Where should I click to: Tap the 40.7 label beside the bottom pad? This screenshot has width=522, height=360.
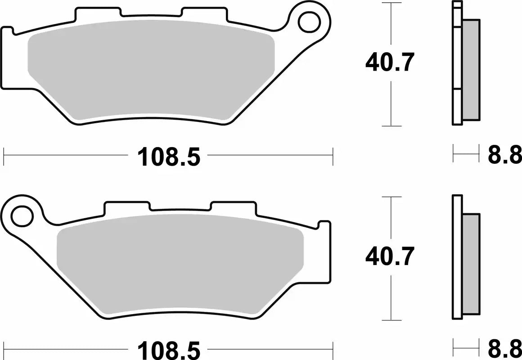tap(389, 257)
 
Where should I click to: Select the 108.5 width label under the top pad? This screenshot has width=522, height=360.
tap(168, 157)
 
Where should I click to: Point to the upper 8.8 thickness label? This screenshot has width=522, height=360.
tap(504, 155)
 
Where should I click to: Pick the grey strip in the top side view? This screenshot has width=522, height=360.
tap(471, 70)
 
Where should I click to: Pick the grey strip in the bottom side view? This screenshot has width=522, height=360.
tap(471, 264)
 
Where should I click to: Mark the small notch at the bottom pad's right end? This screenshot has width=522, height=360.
tap(324, 225)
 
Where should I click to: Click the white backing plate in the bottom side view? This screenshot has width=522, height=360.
tap(457, 256)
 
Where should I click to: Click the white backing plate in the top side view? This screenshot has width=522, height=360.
tap(457, 63)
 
